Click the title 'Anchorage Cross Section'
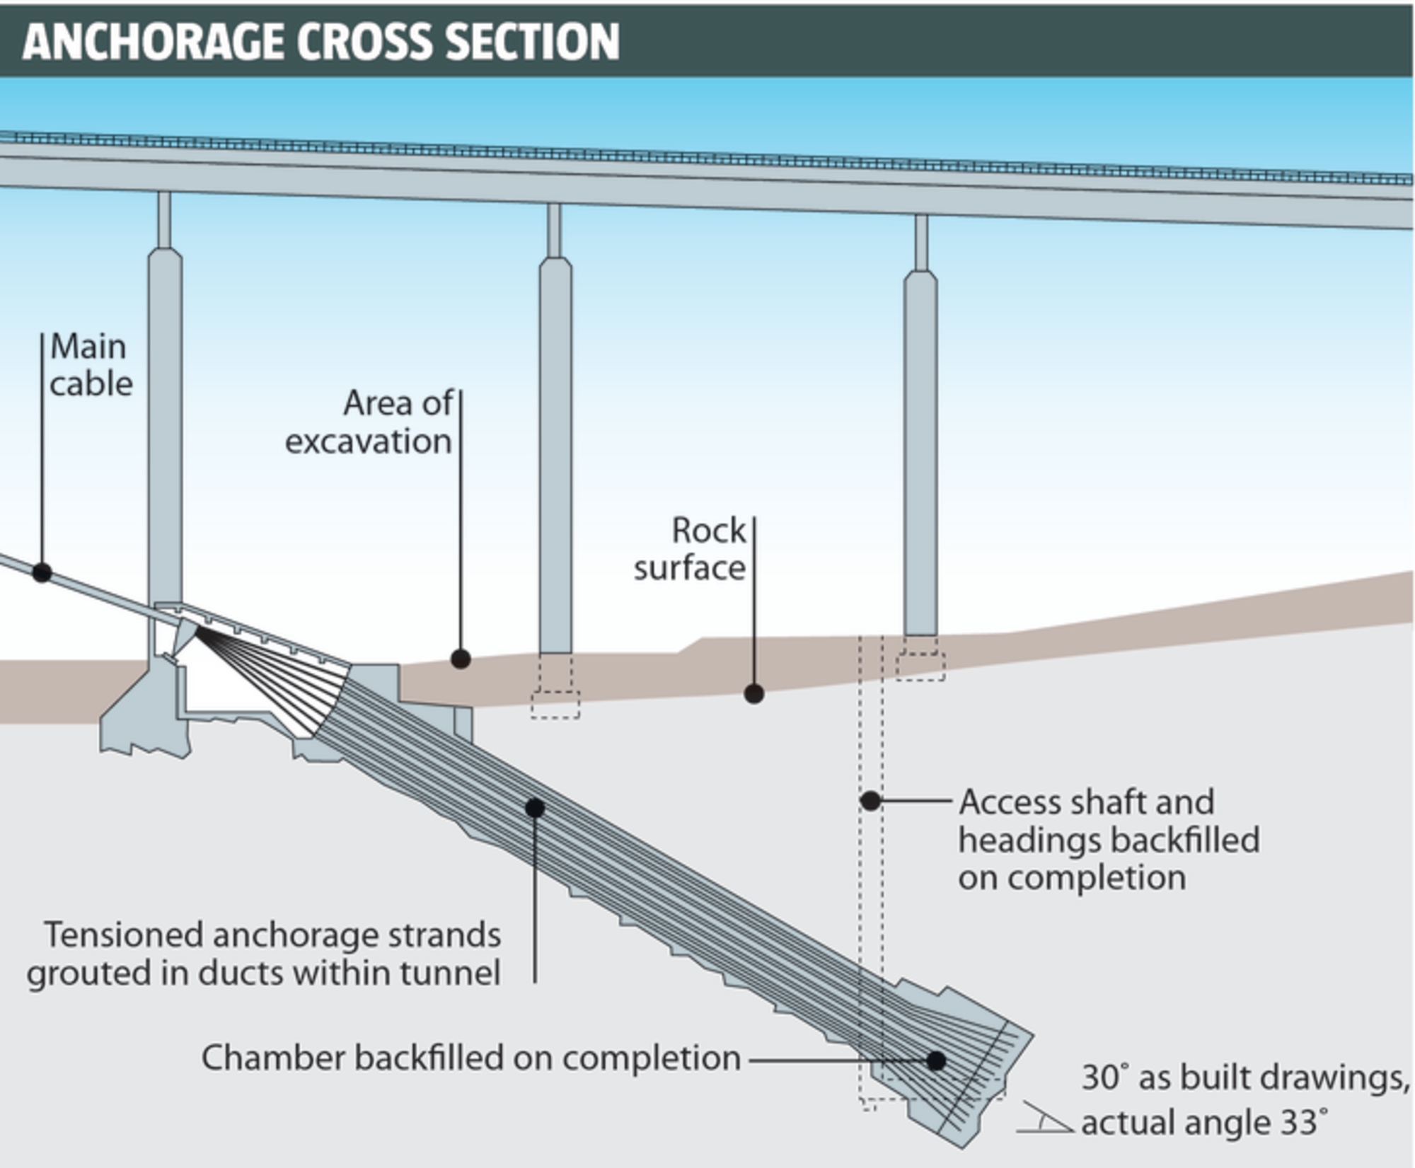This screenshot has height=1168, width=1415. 320,41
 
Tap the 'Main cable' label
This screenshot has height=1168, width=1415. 90,365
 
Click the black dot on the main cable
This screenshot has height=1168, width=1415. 42,572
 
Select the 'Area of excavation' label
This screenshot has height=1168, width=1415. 369,422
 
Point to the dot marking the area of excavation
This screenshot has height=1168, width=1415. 461,659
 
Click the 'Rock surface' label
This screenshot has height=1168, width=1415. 690,550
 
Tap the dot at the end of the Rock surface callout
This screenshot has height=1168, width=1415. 753,694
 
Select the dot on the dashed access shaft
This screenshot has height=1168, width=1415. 870,801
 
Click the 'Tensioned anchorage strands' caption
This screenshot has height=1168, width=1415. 264,954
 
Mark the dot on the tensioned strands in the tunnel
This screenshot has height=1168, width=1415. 535,807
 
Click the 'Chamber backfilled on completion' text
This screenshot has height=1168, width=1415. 470,1058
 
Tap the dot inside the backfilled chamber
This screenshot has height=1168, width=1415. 936,1060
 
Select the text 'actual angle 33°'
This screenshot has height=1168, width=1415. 1199,1123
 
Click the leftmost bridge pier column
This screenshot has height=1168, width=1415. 165,424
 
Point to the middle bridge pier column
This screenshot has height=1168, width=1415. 555,453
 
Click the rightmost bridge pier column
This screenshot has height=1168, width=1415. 920,453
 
